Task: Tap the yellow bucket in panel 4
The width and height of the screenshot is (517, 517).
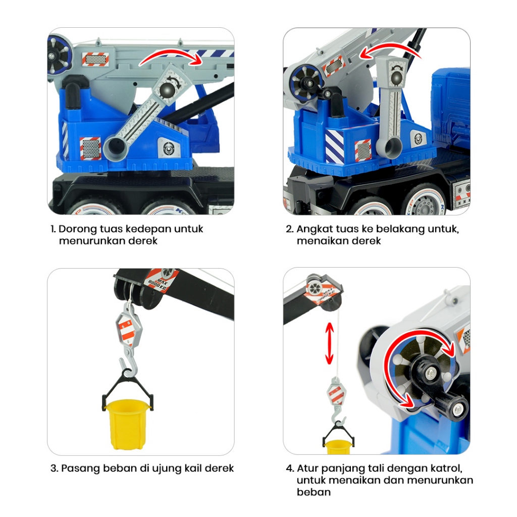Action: click(338, 447)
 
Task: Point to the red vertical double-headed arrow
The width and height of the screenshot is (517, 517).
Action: click(329, 343)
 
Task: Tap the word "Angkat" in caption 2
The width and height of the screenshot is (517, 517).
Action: click(313, 229)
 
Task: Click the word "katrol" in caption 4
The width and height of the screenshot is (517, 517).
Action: click(445, 468)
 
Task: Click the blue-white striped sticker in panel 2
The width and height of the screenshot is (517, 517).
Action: click(334, 146)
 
